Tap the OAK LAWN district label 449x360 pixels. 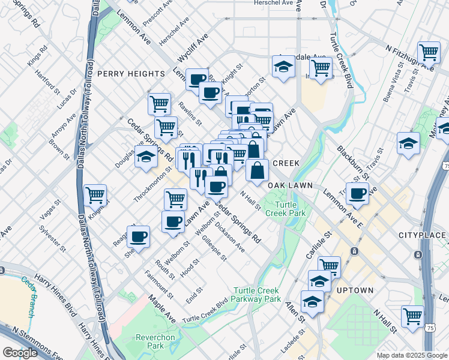(291, 185)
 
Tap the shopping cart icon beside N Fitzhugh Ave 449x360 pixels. (429, 52)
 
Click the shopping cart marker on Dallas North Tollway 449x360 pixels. (95, 194)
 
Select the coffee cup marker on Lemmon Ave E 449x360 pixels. (358, 193)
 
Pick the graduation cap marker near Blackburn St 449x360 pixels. (408, 143)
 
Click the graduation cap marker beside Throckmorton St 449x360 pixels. (146, 157)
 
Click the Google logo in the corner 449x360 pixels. (20, 353)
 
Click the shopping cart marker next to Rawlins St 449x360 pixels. (159, 104)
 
